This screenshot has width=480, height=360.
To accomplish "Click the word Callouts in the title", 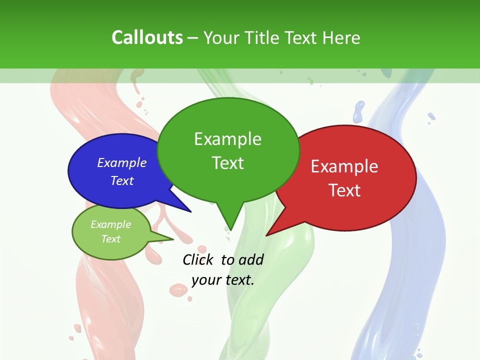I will [147, 37].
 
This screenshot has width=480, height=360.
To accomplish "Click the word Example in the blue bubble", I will [122, 162].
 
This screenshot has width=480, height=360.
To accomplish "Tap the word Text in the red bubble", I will [344, 190].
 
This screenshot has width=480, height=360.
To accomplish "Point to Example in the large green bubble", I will [227, 138].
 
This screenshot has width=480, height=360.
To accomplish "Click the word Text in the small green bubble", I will [110, 239].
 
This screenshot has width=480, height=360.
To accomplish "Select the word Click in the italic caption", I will [199, 259].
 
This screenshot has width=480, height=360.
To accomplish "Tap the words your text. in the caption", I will [223, 279].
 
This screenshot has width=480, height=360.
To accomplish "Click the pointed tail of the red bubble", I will [268, 234].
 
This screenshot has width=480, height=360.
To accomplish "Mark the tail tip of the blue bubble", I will [190, 211].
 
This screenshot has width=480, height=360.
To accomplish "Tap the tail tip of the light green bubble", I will [172, 239].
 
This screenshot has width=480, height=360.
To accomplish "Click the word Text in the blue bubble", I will [122, 180].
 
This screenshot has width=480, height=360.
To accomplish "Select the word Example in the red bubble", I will [344, 166].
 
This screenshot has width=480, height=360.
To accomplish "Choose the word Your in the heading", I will [223, 37].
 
